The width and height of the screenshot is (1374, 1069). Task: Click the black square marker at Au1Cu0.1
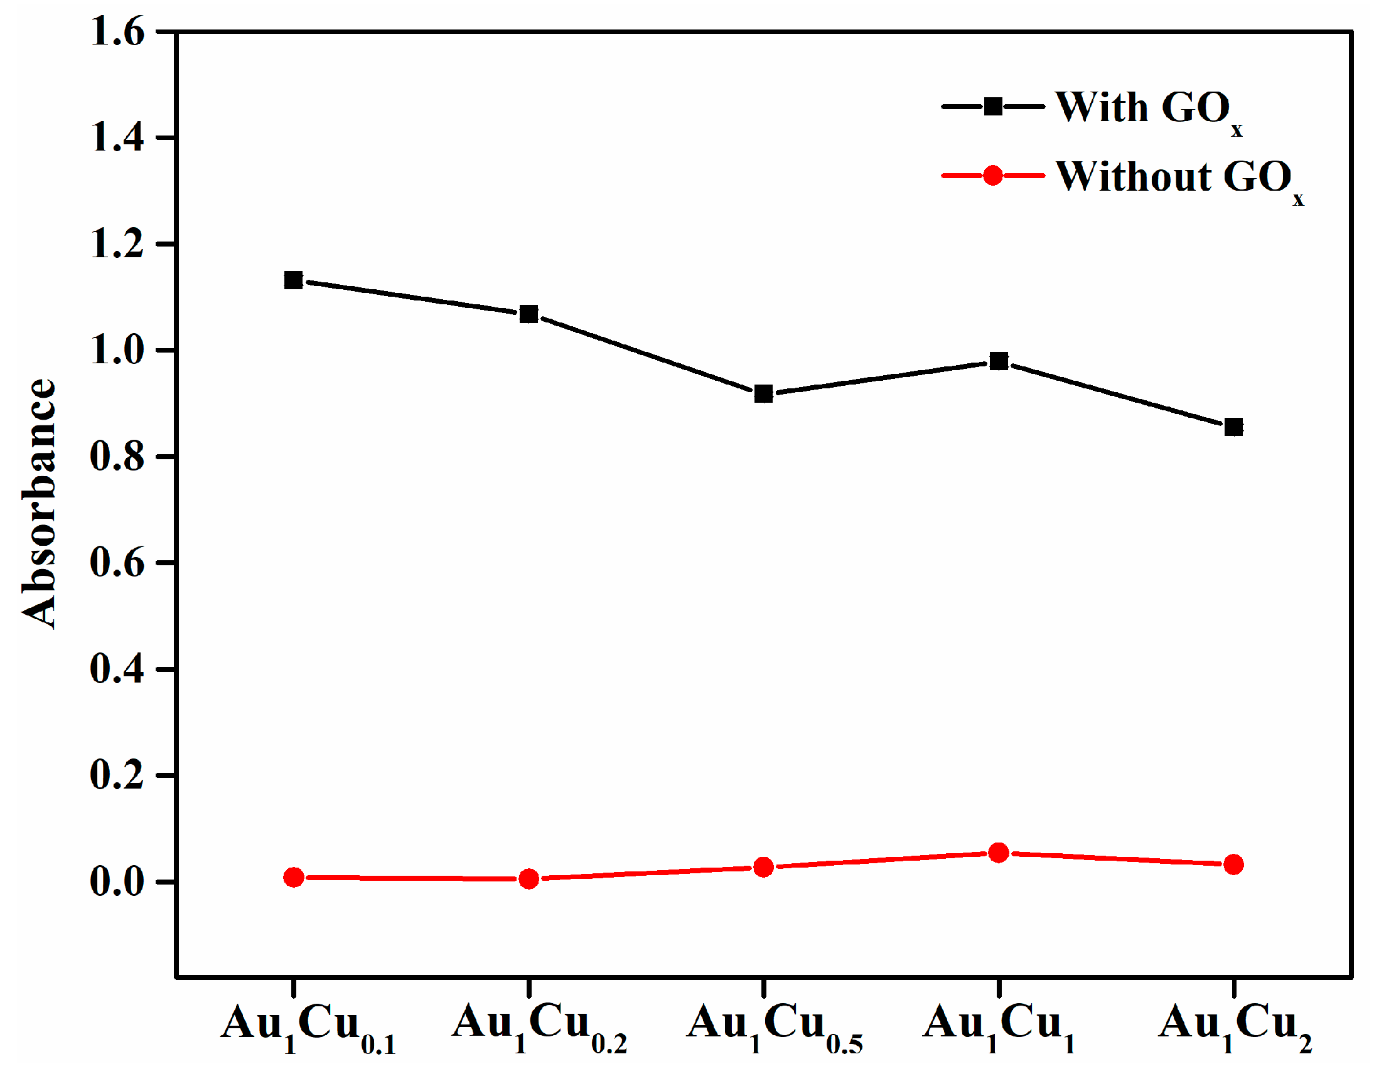coord(293,280)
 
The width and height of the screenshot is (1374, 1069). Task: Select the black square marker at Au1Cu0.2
coord(529,314)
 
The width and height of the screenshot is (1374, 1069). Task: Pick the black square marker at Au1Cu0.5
coord(763,394)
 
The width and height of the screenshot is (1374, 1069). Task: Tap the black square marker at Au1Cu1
coord(999,361)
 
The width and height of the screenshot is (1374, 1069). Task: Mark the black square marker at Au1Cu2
coord(1233,428)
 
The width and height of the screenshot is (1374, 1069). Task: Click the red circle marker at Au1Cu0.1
coord(293,877)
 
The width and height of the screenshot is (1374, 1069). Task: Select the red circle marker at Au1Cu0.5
coord(763,867)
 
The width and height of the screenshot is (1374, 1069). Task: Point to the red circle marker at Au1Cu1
coord(999,853)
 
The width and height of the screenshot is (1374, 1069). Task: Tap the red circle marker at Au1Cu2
coord(1233,864)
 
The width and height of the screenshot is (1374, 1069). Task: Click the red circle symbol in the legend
coord(993,176)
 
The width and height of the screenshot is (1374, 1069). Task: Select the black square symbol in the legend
coord(993,106)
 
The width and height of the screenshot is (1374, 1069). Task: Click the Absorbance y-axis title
coord(39,503)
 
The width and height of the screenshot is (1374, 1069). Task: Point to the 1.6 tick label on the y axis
coord(117,31)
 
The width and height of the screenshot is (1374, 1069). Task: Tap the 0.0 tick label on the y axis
coord(117,881)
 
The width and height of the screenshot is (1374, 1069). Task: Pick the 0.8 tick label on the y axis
coord(117,456)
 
